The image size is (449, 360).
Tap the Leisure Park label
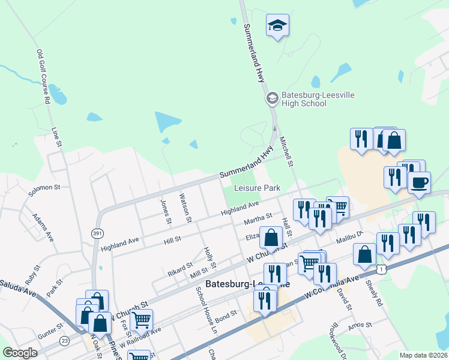[257, 188]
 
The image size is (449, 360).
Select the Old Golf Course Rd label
[41, 77]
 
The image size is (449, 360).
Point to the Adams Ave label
[43, 227]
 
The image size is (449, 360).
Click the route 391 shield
[97, 232]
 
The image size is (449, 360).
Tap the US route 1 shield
[382, 269]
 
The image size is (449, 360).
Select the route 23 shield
[65, 341]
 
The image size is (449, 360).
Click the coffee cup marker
[419, 181]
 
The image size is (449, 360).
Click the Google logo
[20, 353]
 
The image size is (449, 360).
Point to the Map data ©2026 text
[423, 355]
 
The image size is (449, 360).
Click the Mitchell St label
[286, 152]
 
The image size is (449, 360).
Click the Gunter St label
[50, 330]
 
